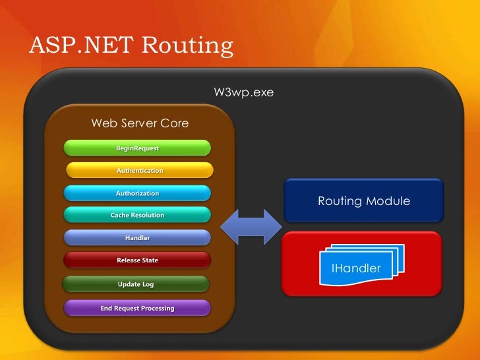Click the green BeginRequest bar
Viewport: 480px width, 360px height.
(137, 148)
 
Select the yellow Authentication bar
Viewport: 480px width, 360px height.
(139, 170)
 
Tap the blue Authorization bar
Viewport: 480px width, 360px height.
(137, 193)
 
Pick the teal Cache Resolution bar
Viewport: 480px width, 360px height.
(137, 215)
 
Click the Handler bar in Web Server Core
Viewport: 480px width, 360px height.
(137, 237)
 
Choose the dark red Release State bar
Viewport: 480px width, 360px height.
(137, 260)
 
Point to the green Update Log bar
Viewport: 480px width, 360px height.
(136, 284)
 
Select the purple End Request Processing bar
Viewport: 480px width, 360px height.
(137, 308)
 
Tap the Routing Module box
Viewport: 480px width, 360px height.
(363, 200)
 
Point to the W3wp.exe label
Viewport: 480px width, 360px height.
(243, 93)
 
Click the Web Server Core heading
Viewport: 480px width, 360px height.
(140, 123)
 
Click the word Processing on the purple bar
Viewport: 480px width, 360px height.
(156, 308)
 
